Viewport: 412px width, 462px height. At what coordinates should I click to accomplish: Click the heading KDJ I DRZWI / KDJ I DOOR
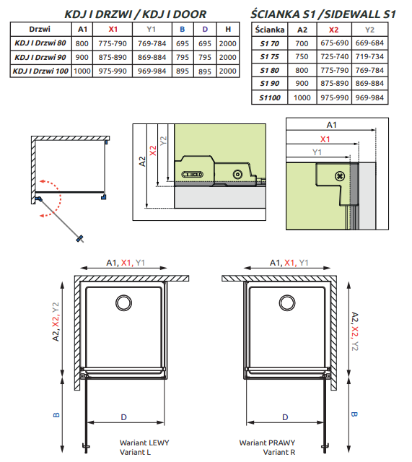tap(125, 14)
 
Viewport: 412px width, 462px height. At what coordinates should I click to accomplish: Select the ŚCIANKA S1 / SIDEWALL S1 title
tap(323, 14)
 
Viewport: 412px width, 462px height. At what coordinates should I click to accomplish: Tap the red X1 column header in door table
tap(113, 29)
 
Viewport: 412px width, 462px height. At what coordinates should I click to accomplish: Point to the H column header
tap(228, 29)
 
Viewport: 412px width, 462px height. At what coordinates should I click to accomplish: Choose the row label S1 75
tap(268, 56)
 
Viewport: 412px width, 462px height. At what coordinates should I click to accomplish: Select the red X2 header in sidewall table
tap(333, 30)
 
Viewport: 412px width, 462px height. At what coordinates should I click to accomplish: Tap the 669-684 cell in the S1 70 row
tap(370, 43)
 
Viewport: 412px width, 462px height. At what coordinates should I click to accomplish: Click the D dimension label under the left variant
tap(123, 417)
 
